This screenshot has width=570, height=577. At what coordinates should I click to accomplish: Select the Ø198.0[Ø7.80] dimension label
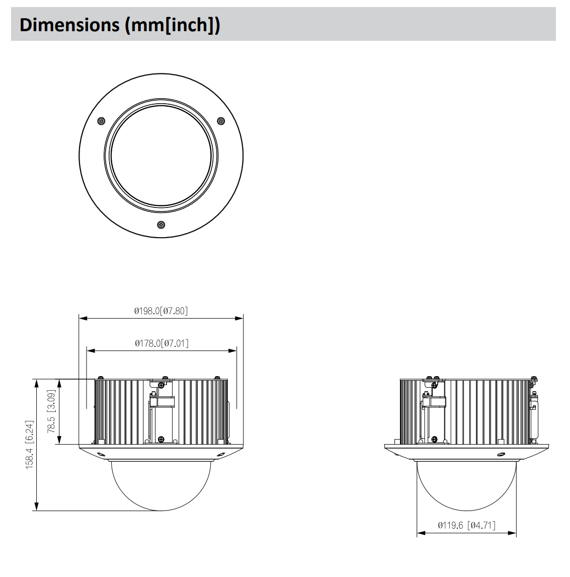coord(161,311)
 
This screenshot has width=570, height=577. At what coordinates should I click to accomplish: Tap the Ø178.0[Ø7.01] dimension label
coord(161,343)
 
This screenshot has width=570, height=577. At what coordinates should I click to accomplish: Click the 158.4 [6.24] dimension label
coord(30,445)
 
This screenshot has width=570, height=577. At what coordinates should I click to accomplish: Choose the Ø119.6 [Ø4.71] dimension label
coord(466,525)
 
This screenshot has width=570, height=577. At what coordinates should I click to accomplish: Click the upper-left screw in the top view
coord(101,121)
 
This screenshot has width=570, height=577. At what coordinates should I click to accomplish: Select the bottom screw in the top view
coord(161,224)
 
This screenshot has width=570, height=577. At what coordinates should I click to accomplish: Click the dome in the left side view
coord(161,483)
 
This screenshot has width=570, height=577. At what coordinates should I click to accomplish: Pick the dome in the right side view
coord(466,483)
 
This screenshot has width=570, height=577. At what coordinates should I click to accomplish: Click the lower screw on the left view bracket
coord(160,439)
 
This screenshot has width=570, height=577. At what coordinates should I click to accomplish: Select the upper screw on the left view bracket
coord(160,385)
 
